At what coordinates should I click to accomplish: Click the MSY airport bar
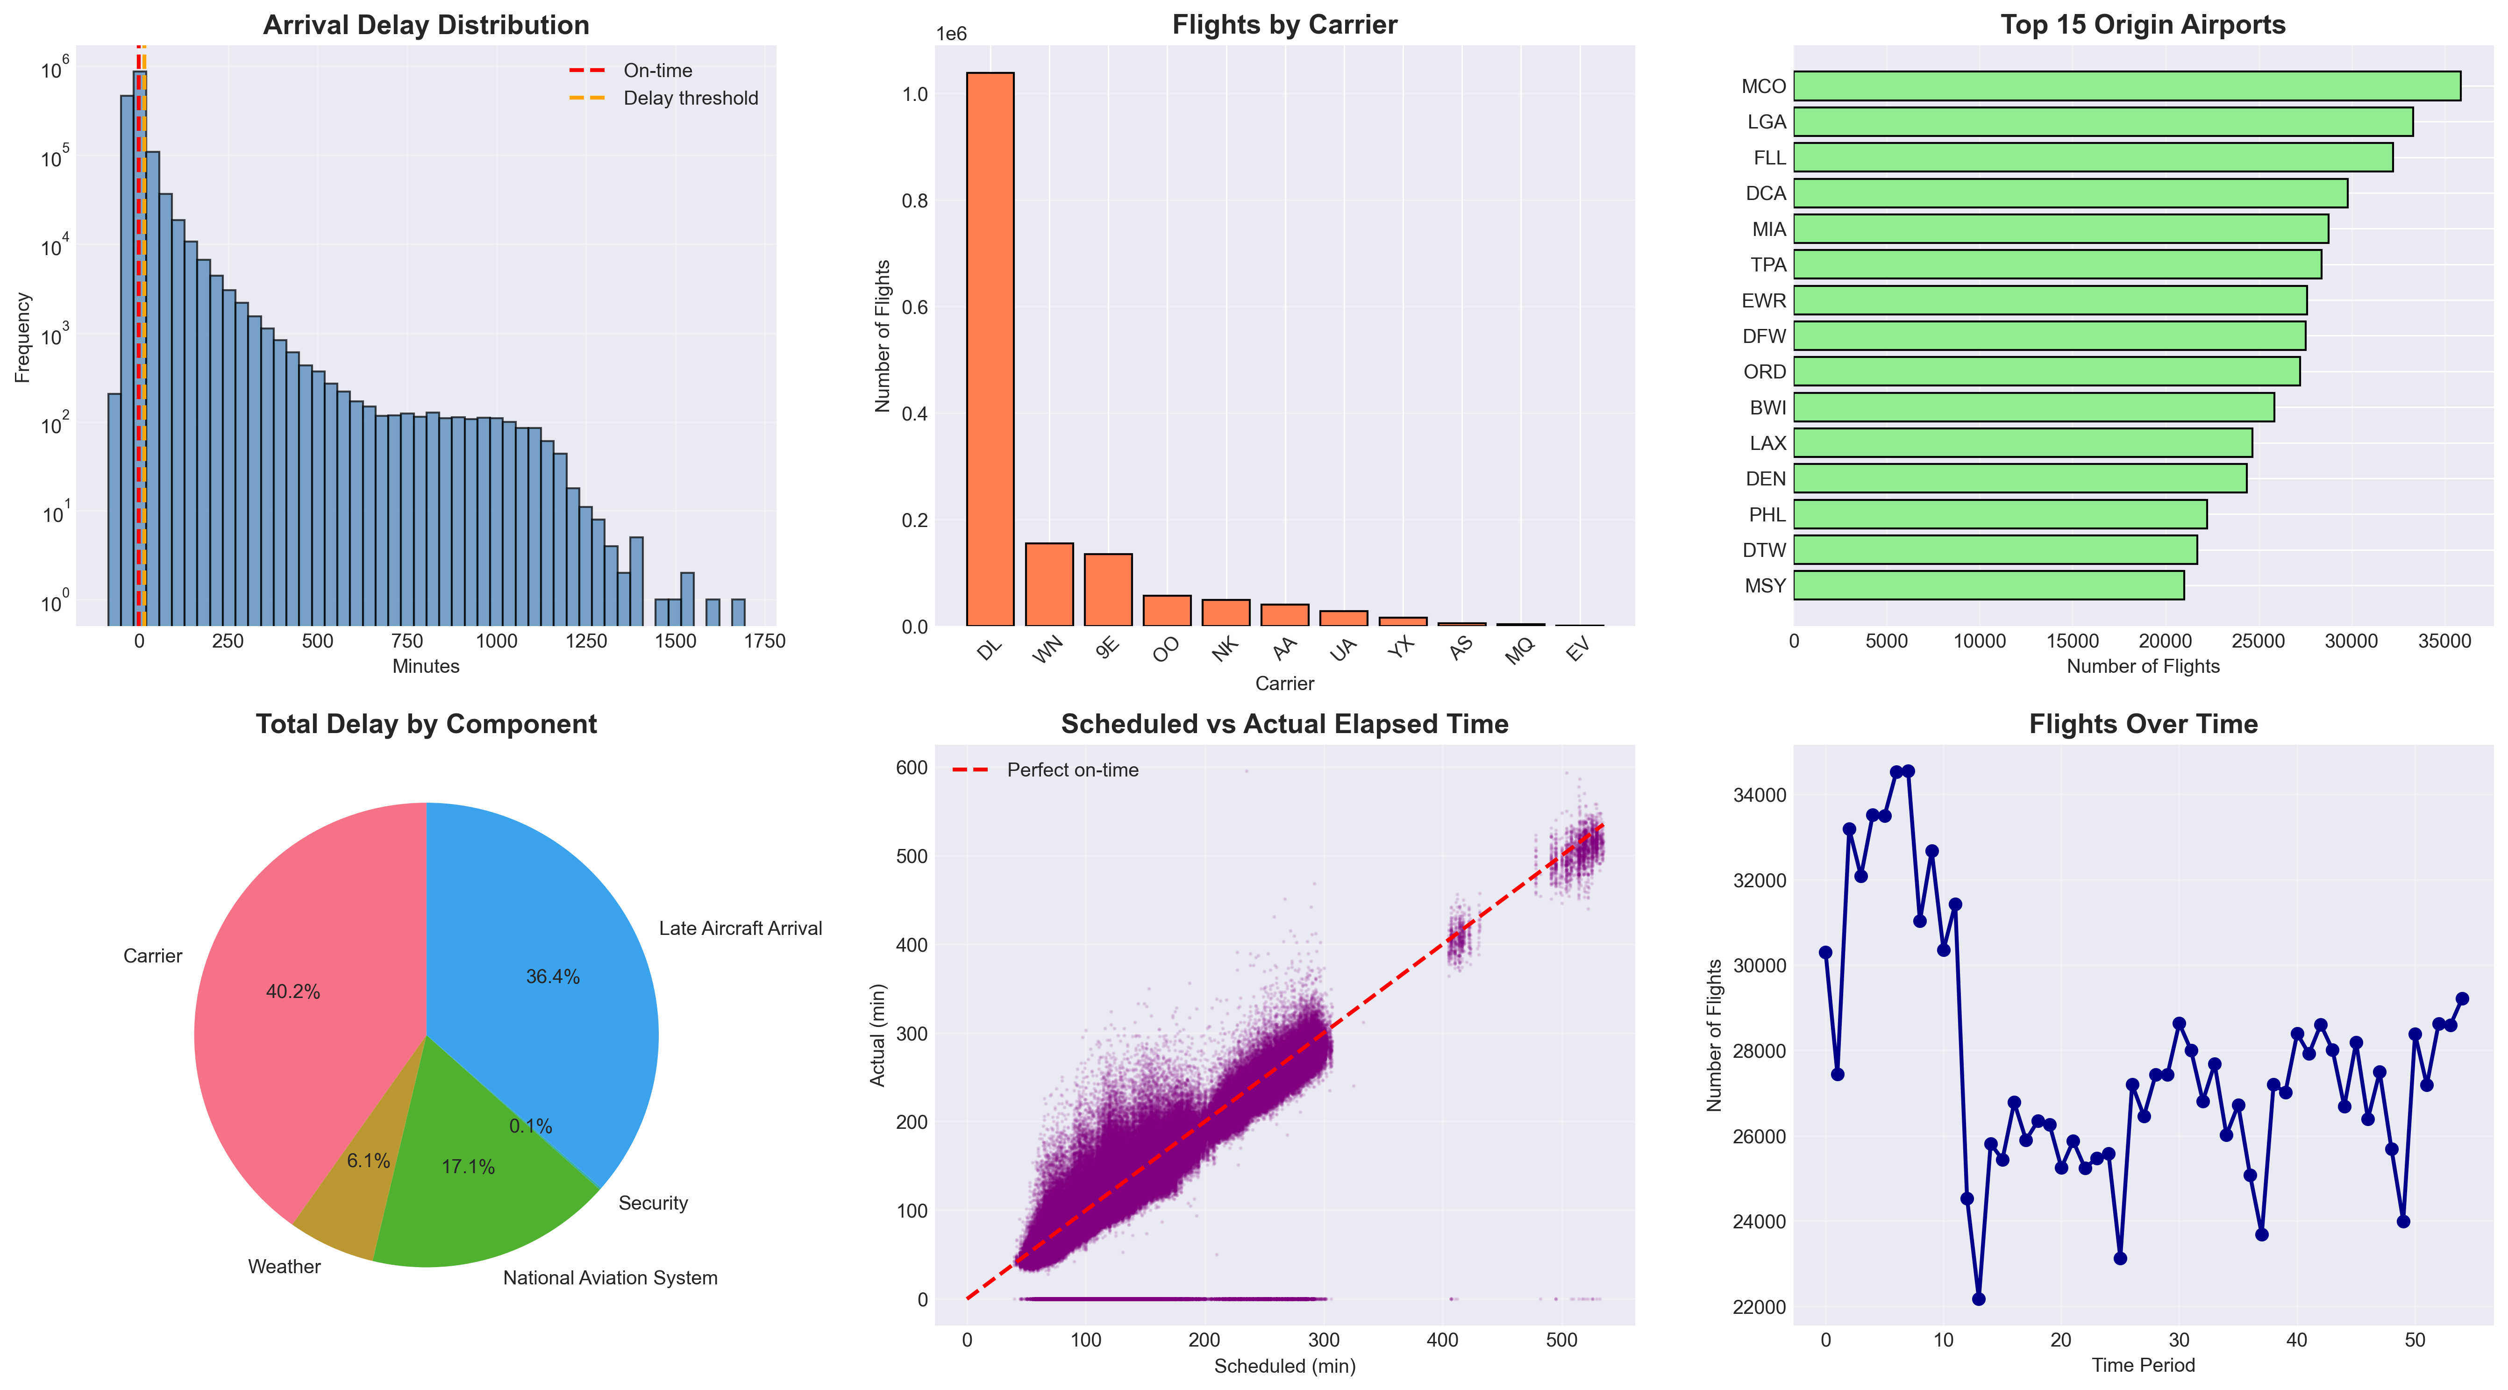pos(1988,585)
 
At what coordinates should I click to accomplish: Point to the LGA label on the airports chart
pos(1766,121)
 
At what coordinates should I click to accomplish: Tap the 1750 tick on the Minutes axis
pos(764,642)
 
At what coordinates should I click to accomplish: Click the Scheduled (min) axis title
pos(1284,1366)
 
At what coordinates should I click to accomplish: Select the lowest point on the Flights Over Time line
pos(1978,1298)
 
